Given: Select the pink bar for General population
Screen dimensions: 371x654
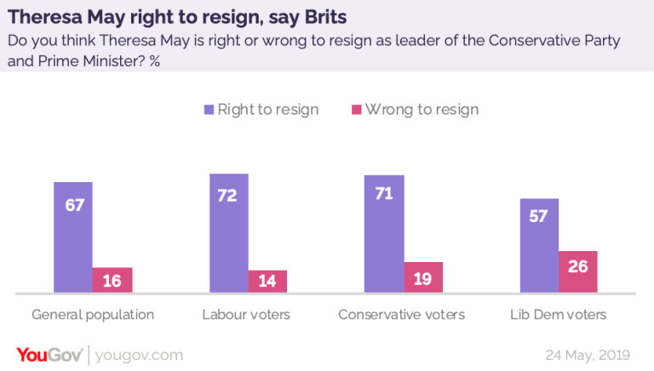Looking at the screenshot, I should coord(112,280).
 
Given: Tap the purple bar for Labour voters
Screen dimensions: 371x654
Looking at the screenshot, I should coord(228,233).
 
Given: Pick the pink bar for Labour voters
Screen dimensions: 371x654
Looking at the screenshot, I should coord(267,282).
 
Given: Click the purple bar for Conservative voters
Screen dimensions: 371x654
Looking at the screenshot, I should coord(384,234).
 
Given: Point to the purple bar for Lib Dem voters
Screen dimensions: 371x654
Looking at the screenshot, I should coord(539,246).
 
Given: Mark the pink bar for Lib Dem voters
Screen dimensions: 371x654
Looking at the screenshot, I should coord(578,271).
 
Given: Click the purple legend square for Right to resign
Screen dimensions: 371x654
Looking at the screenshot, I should coord(209,110).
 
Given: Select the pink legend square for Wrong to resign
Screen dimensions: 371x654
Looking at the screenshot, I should coord(357,110).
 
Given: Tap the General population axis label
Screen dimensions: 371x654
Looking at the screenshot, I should coord(93,315).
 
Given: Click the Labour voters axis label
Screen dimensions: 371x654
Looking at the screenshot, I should coord(246,315).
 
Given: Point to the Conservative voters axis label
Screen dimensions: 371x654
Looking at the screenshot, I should coord(402,315).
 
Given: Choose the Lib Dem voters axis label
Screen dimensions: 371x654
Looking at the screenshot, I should coord(559,315).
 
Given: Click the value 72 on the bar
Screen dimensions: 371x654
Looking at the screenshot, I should coord(228,197).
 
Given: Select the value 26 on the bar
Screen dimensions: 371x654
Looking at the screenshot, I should coord(578,266).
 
